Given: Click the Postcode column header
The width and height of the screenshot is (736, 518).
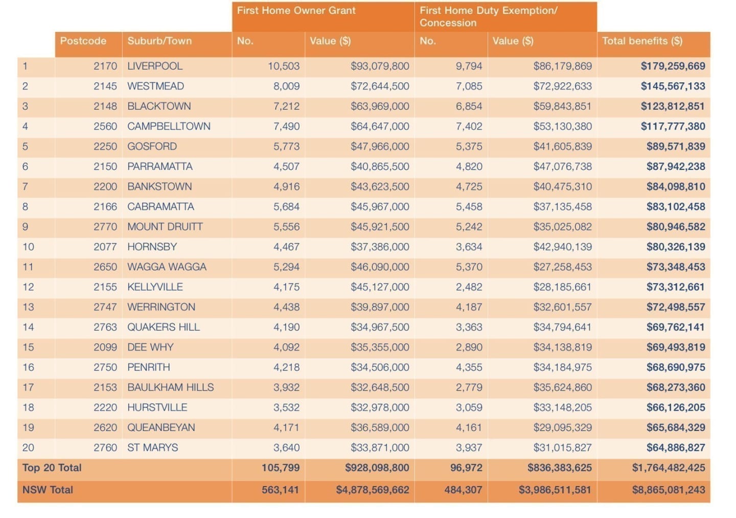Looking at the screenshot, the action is click(83, 41).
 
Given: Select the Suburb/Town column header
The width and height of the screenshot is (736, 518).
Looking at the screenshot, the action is click(159, 41).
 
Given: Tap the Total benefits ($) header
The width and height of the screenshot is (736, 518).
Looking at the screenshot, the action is click(642, 41).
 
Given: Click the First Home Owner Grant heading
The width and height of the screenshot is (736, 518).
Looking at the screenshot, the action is click(296, 11).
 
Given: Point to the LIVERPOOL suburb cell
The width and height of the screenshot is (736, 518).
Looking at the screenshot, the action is click(155, 66).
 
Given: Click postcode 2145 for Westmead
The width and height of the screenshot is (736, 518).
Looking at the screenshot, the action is click(105, 86).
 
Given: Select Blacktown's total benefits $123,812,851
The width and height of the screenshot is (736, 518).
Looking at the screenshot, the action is click(673, 106).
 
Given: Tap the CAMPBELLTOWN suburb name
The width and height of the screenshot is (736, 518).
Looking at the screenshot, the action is click(169, 127).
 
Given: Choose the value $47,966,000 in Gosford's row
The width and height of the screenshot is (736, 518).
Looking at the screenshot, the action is click(380, 147).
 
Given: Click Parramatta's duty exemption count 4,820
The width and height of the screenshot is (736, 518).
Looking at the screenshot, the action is click(469, 167).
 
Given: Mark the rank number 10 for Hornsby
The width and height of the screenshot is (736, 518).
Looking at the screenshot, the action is click(28, 247).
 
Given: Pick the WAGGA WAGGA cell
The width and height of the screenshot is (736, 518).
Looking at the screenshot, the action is click(167, 267).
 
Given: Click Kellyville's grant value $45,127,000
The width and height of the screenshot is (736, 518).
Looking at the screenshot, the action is click(380, 287).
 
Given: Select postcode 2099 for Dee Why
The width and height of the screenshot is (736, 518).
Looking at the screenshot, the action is click(105, 347).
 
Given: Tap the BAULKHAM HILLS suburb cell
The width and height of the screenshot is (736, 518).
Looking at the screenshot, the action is click(171, 388).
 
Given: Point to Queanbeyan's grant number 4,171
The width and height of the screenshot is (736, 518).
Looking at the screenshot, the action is click(287, 428).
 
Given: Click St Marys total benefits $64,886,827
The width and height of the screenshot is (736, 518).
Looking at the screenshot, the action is click(676, 448).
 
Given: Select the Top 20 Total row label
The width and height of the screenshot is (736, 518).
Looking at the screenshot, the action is click(52, 468).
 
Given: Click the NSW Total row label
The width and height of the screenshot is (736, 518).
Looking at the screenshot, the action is click(48, 490).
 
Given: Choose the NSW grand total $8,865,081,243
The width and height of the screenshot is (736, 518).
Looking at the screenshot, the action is click(669, 490).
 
